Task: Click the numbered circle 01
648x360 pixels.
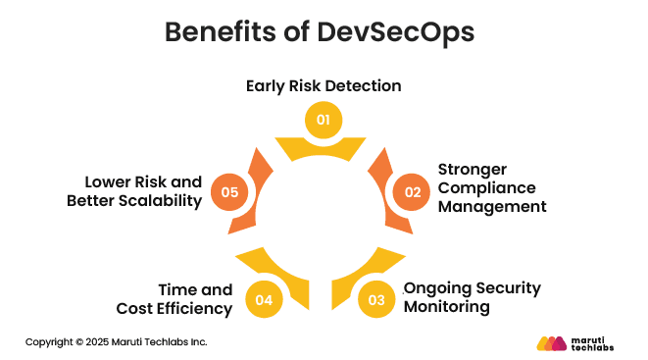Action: click(x=324, y=120)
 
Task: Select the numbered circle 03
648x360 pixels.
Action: click(x=376, y=299)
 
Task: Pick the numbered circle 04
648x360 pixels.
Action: click(x=264, y=299)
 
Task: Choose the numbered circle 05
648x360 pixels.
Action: click(x=230, y=191)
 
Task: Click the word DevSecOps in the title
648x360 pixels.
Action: click(x=396, y=32)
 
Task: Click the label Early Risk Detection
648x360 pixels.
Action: click(x=324, y=85)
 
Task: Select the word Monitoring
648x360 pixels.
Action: click(x=449, y=306)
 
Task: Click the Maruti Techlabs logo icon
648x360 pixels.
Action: click(x=553, y=343)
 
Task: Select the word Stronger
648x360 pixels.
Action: click(x=473, y=169)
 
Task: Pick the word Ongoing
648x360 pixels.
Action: click(x=437, y=287)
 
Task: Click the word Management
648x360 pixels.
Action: click(x=491, y=206)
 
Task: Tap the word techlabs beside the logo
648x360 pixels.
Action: click(x=598, y=348)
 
